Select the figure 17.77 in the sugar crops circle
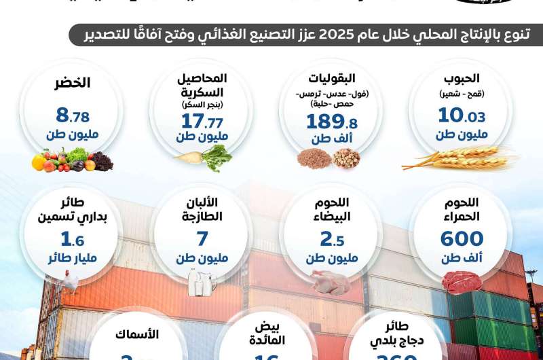(x=203, y=120)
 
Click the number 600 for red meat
(x=462, y=239)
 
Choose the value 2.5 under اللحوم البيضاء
(x=332, y=239)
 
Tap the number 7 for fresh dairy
(x=202, y=239)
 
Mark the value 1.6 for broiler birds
(x=73, y=239)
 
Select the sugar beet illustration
(x=203, y=158)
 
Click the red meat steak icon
(x=462, y=280)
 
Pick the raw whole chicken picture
(x=332, y=279)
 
